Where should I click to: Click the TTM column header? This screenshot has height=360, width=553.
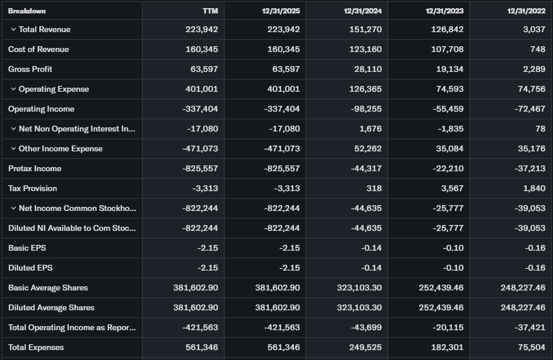pos(210,11)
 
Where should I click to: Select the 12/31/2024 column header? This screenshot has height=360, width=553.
pos(362,11)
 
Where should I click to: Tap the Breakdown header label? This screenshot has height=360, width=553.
pos(27,11)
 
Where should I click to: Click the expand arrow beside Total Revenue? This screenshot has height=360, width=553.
pos(13,29)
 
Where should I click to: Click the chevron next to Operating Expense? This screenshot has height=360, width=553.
pos(13,89)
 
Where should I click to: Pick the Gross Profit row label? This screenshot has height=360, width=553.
pos(30,69)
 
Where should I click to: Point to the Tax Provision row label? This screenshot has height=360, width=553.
pos(33,188)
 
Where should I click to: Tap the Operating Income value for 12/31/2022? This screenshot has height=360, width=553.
pos(527,109)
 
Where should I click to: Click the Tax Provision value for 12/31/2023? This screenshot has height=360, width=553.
pos(451,188)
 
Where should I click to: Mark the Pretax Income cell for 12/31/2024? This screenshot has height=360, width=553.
pos(366,168)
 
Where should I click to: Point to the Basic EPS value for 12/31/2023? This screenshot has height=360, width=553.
pos(453,248)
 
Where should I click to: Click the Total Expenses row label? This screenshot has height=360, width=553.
pos(36,347)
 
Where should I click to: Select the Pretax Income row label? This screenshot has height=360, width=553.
pos(34,168)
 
